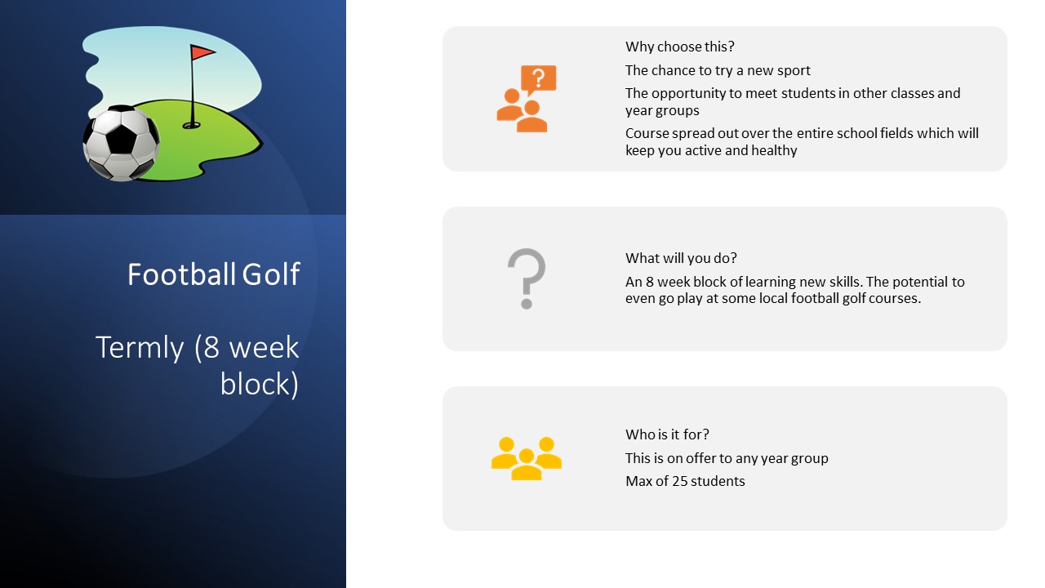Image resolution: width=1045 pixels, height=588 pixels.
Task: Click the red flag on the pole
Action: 202,51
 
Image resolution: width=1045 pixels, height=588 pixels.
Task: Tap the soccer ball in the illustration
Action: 122,143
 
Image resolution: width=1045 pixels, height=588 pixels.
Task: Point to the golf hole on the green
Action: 191,125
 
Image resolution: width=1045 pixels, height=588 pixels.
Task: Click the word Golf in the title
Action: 270,274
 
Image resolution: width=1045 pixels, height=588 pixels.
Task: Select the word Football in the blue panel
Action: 181,274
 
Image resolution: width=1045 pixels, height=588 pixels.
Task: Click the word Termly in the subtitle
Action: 140,348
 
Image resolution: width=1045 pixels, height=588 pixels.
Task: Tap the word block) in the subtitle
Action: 260,384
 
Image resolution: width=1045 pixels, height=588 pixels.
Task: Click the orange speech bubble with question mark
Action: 538,79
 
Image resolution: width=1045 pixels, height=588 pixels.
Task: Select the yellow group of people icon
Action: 527,458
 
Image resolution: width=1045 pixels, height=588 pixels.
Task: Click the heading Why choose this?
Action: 680,47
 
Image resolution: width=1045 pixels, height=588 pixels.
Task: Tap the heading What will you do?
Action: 681,258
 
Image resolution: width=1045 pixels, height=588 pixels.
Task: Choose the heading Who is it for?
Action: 667,434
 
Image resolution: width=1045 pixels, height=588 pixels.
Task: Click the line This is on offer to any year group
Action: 727,459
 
